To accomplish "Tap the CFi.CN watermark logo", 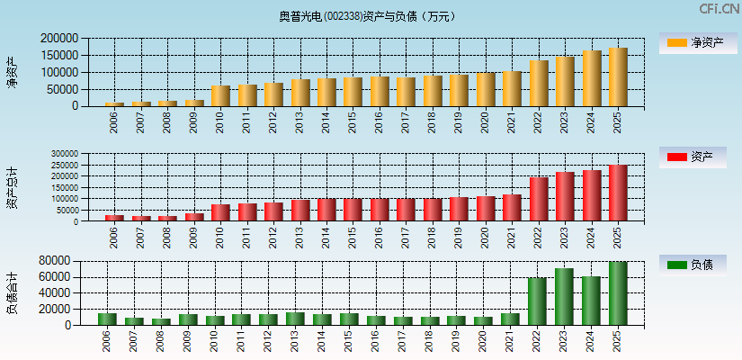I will pyautogui.click(x=720, y=9).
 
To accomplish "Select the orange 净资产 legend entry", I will pyautogui.click(x=693, y=42).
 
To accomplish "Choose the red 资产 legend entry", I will pyautogui.click(x=693, y=157).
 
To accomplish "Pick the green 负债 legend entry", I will pyautogui.click(x=693, y=265).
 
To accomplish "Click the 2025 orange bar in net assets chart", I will pyautogui.click(x=618, y=77).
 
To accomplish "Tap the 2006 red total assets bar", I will pyautogui.click(x=114, y=218).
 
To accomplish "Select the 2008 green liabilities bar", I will pyautogui.click(x=161, y=321).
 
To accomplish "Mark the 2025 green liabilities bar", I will pyautogui.click(x=618, y=293).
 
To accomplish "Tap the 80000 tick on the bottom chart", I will pyautogui.click(x=55, y=260).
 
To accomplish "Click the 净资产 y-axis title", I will pyautogui.click(x=13, y=72).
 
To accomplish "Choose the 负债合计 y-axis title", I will pyautogui.click(x=13, y=293).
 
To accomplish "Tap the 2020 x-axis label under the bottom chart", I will pyautogui.click(x=485, y=339).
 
